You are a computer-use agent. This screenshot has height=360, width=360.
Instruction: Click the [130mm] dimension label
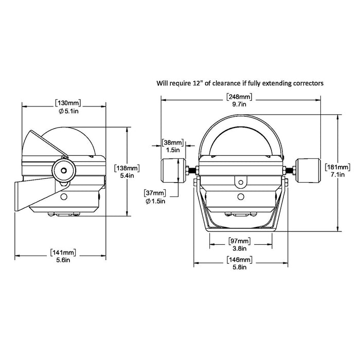[x=64, y=102]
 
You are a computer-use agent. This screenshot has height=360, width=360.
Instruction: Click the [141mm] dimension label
[x=64, y=252]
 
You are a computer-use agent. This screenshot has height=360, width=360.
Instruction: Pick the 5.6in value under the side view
[x=64, y=260]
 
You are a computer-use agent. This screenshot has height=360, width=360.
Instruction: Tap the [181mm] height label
[x=338, y=167]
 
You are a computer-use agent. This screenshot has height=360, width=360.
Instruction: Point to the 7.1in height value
[x=338, y=174]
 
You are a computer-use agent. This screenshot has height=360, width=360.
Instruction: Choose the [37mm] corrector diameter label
[x=155, y=192]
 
